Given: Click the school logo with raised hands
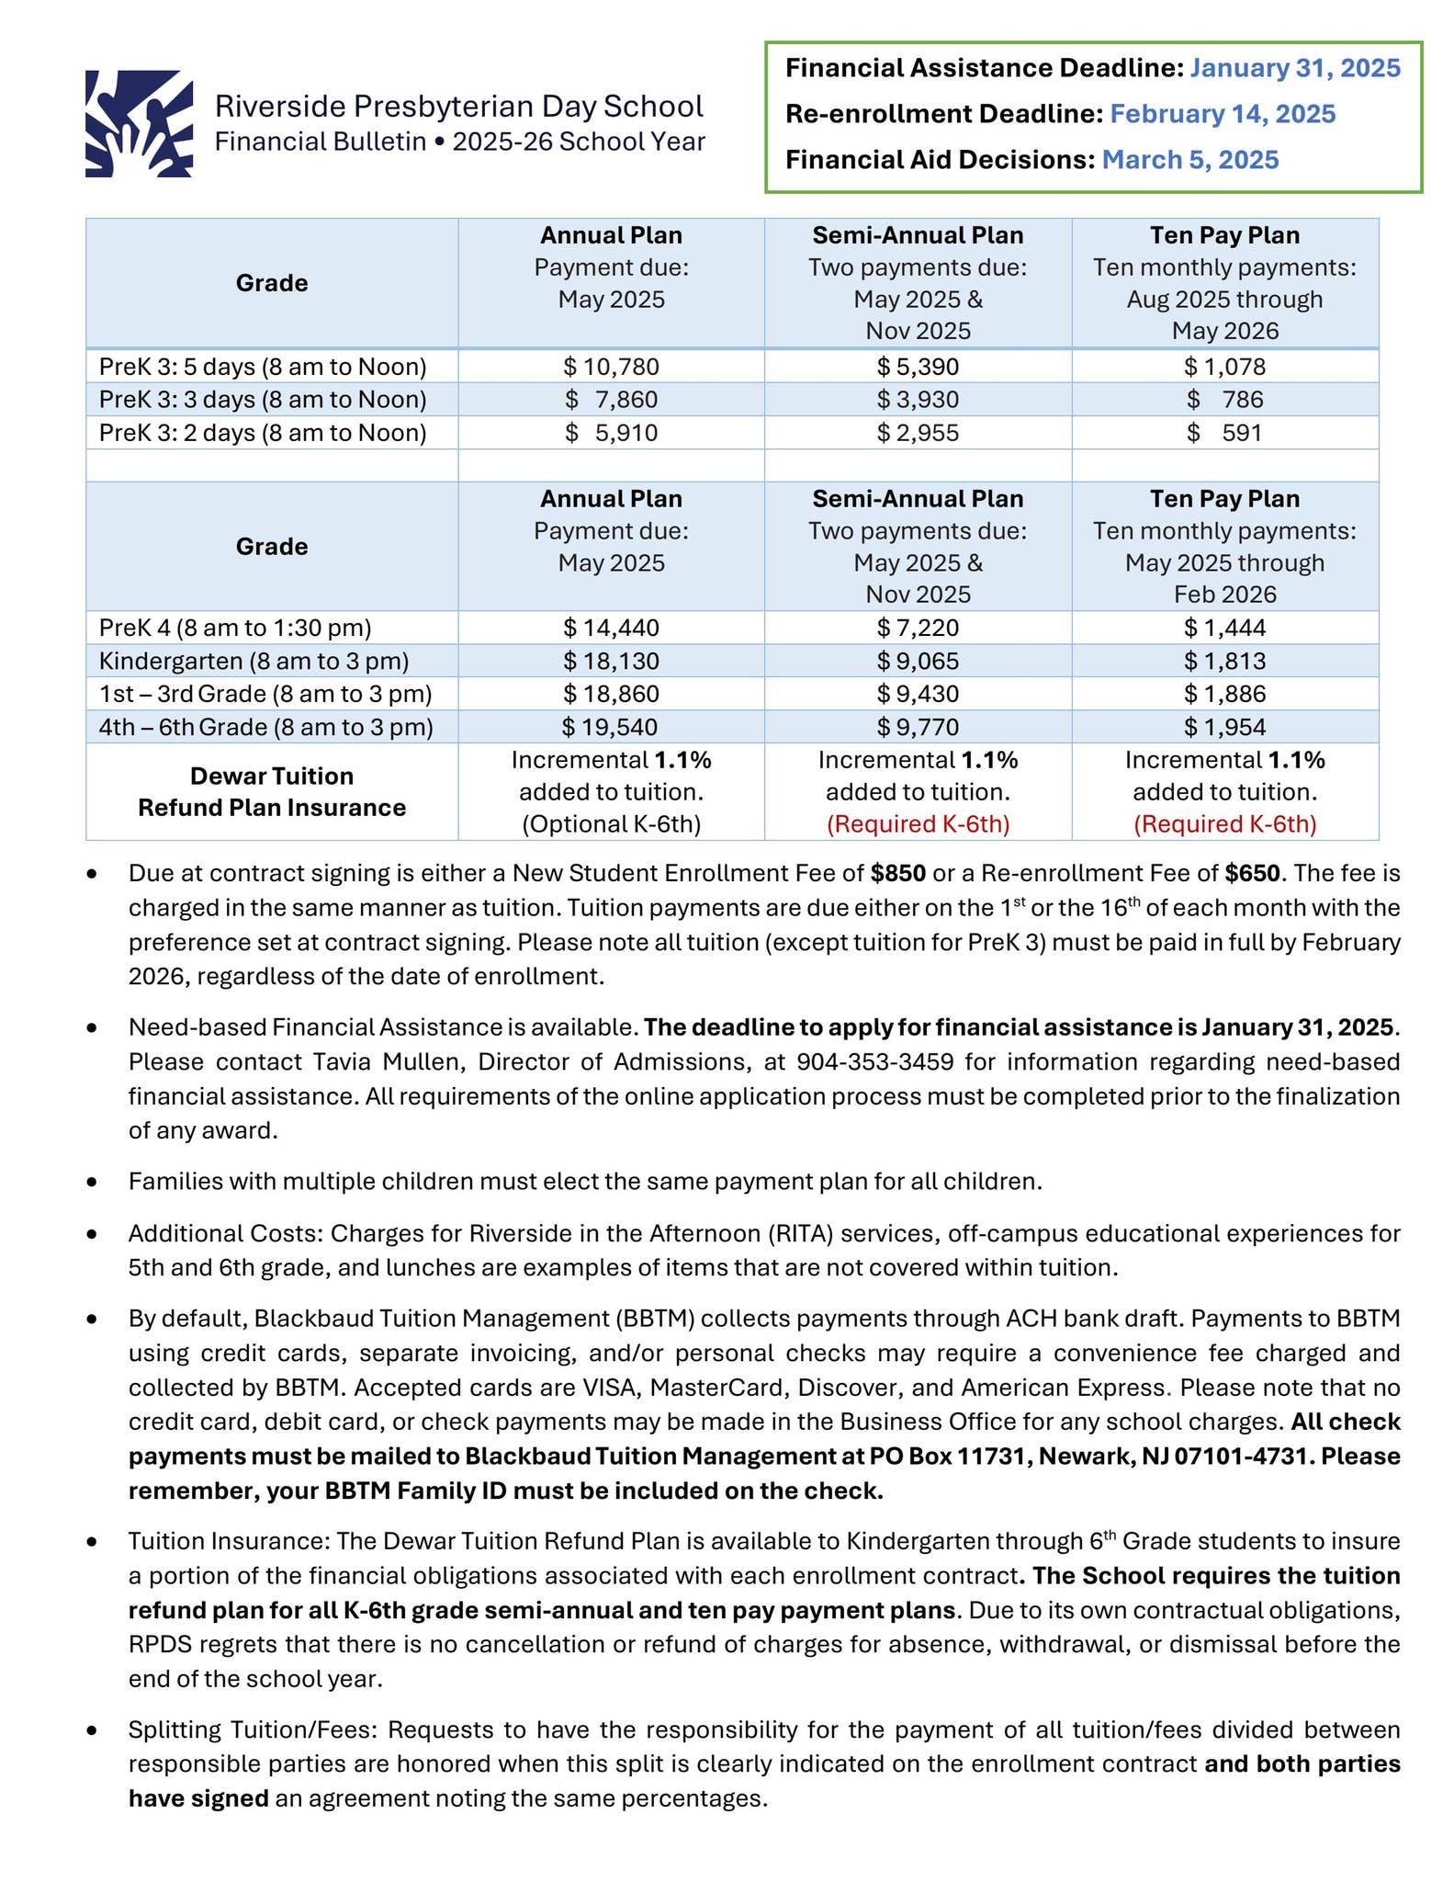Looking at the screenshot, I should (x=139, y=123).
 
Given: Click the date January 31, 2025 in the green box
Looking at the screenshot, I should (x=1294, y=68).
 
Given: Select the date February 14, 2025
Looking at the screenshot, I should (x=1222, y=114).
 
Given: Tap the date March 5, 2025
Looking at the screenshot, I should (x=1189, y=160).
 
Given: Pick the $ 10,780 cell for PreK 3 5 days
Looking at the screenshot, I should (x=611, y=368).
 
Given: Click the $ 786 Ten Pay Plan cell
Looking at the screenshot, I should (x=1224, y=400).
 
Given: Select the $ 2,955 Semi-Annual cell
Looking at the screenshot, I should (x=917, y=433).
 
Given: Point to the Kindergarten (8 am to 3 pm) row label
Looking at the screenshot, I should (x=254, y=661).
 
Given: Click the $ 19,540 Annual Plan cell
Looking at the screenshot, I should (x=611, y=728).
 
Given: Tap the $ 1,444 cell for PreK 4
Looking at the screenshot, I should (x=1224, y=629).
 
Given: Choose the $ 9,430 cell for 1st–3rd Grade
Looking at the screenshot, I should (x=917, y=694).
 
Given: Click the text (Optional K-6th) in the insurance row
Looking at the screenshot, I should (x=611, y=824).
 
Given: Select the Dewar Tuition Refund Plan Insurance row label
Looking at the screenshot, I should (x=272, y=792).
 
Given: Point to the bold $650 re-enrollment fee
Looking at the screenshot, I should (x=1253, y=873).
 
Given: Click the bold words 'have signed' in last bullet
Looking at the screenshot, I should (x=198, y=1798).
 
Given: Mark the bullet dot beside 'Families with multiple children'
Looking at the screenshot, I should (x=92, y=1183).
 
